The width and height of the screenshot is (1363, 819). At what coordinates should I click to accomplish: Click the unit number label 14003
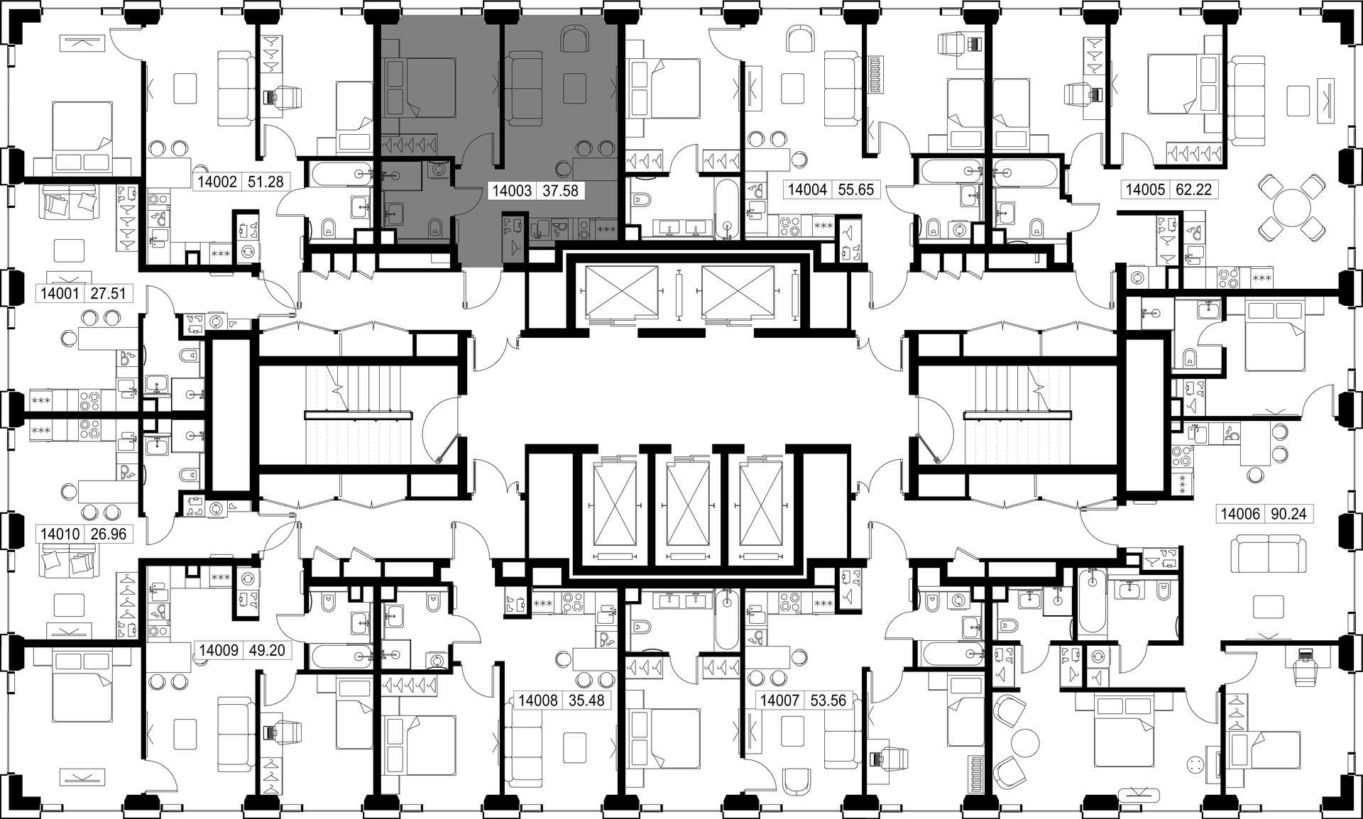tap(512, 190)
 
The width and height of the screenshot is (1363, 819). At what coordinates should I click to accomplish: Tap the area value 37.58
tap(560, 190)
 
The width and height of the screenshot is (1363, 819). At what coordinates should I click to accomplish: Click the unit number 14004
tap(807, 189)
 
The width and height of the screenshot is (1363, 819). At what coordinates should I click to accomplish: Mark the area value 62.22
tap(1193, 189)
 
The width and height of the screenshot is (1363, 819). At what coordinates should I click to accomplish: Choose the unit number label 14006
tap(1241, 514)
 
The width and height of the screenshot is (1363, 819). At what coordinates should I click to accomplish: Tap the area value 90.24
tap(1289, 514)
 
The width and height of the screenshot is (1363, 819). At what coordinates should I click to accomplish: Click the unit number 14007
tap(780, 700)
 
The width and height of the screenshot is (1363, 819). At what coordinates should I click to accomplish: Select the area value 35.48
tap(586, 700)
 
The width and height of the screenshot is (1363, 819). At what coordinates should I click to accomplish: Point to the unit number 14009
tap(219, 650)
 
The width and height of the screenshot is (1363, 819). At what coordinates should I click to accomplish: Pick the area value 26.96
tap(109, 534)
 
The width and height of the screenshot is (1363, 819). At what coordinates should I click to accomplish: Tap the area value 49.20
tap(266, 650)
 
